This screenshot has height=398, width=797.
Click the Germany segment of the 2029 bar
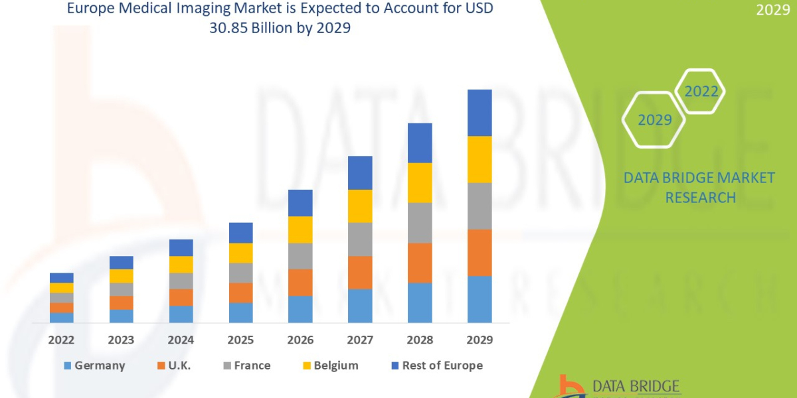pos(480,298)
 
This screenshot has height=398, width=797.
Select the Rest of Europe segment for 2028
pos(420,143)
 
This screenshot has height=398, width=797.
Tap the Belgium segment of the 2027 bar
pos(360,206)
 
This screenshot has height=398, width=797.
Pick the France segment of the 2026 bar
pos(300,255)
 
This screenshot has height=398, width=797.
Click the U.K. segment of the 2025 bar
pos(240,293)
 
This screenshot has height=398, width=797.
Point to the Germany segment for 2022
pos(61,317)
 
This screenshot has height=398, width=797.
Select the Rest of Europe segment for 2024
pos(181,247)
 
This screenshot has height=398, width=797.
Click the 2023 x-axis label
pos(121,340)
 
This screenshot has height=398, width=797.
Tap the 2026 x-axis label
pos(300,340)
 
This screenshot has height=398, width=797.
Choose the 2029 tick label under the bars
pos(480,340)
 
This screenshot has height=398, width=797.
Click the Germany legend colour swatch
pos(66,365)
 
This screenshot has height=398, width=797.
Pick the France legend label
pos(252,365)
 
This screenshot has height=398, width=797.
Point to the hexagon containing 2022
pos(701,92)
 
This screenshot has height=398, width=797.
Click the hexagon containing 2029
pos(654,120)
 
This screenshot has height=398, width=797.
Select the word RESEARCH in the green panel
pos(700,198)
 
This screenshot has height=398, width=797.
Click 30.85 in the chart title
pos(246,29)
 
